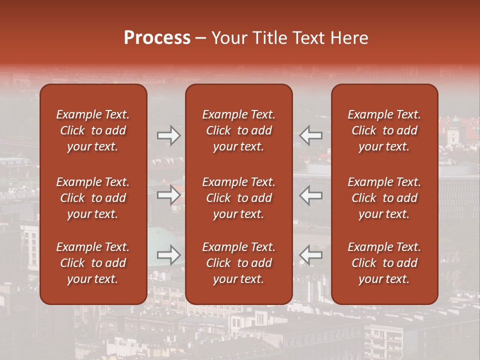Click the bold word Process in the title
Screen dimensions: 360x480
coord(157,38)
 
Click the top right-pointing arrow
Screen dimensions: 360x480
coord(168,135)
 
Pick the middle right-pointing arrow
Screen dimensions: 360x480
coord(168,195)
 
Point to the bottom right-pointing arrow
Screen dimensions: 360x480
coord(168,254)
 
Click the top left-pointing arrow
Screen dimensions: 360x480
coord(311,135)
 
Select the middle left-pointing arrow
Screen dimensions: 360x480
coord(311,195)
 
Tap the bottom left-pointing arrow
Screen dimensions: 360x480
coord(311,254)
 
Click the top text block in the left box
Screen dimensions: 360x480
coord(93,130)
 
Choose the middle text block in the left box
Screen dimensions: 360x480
coord(93,198)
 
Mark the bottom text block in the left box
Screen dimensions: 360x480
coord(93,263)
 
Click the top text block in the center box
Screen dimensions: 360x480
coord(238,130)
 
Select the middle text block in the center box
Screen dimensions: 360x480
coord(238,198)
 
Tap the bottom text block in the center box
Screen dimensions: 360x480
coord(238,263)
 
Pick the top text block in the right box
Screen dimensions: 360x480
coord(384,130)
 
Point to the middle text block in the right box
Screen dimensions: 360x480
coord(384,198)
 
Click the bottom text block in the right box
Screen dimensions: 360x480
coord(384,263)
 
